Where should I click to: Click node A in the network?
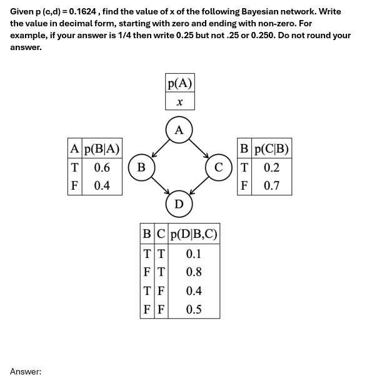(179, 130)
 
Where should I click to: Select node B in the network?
(141, 167)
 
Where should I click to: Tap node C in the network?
(218, 167)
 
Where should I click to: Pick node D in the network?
(179, 204)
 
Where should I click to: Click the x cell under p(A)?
(180, 101)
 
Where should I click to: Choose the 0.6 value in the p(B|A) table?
(102, 167)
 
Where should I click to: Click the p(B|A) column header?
(103, 149)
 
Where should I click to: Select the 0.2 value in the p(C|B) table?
(271, 167)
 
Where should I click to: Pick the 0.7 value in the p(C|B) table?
(271, 186)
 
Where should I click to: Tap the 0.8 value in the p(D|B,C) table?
(194, 272)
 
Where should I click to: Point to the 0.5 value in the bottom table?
(194, 309)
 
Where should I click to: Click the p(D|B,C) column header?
(194, 235)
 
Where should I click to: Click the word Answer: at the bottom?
(26, 372)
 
